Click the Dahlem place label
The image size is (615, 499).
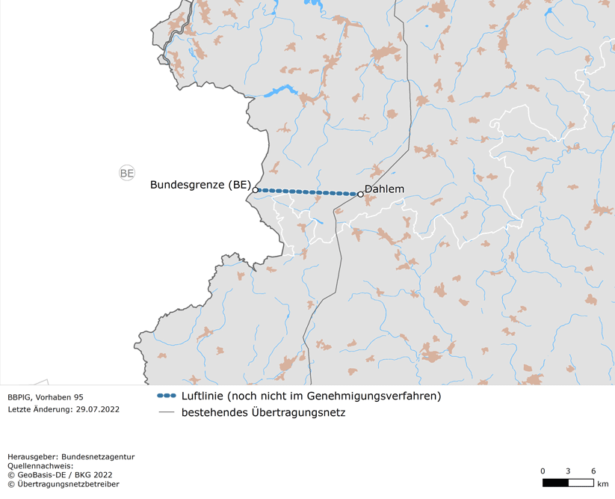[x=384, y=189]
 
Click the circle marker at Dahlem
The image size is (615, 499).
[x=360, y=195]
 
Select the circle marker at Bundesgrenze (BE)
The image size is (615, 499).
[x=256, y=190]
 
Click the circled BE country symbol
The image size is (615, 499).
[x=127, y=174]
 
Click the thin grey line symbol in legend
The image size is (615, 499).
[x=166, y=412]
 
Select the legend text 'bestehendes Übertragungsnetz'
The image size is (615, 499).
[x=263, y=412]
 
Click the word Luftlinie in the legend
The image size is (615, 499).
[x=203, y=396]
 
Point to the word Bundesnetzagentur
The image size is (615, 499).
[x=97, y=456]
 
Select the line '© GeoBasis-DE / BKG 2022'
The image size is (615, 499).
[x=60, y=474]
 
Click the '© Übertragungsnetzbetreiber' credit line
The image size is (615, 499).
[x=63, y=484]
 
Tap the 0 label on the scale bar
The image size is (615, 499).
[x=543, y=471]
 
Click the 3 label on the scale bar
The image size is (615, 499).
[x=568, y=471]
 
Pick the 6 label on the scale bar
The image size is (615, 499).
[x=593, y=471]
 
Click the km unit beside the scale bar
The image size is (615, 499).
[x=603, y=483]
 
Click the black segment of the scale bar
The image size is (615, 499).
[x=555, y=483]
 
